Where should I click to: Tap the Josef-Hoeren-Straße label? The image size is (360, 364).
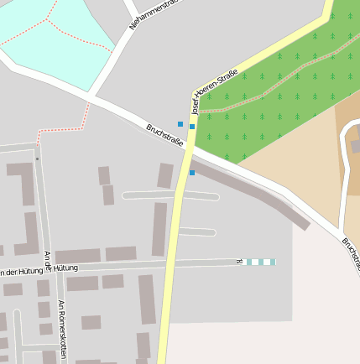tap(214, 90)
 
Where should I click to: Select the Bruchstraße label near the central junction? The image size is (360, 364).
tap(164, 134)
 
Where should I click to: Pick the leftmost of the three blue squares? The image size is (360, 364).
tap(180, 124)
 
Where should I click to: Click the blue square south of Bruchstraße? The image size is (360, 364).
tap(192, 173)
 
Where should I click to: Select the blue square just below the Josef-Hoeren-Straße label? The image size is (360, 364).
tap(192, 127)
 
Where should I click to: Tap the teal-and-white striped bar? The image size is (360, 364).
tap(260, 262)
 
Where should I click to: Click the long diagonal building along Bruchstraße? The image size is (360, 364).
tap(252, 192)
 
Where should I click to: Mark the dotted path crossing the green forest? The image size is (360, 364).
tap(277, 84)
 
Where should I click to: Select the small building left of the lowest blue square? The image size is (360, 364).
tap(165, 175)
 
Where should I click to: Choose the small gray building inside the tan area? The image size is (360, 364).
tap(355, 146)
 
